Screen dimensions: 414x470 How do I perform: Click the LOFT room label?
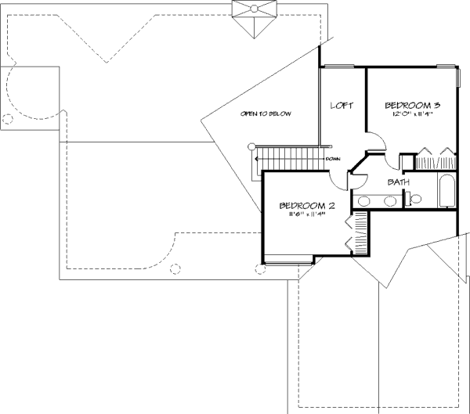coord(339,105)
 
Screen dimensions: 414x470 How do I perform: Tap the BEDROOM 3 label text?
coord(406,105)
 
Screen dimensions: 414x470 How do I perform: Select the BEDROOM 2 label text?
coord(307,206)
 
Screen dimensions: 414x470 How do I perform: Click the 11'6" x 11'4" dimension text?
coord(306,215)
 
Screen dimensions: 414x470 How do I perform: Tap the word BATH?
coord(399,182)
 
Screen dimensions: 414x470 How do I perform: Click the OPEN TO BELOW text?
coord(266,114)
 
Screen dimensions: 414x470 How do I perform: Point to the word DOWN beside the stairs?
coord(332,159)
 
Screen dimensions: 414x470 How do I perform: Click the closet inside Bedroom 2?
coord(357,234)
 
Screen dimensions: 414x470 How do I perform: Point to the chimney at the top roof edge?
coord(254,16)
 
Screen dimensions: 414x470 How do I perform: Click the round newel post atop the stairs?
coord(252,146)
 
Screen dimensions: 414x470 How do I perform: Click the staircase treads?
coord(290,159)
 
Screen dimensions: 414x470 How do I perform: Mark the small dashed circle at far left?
coord(9,120)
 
